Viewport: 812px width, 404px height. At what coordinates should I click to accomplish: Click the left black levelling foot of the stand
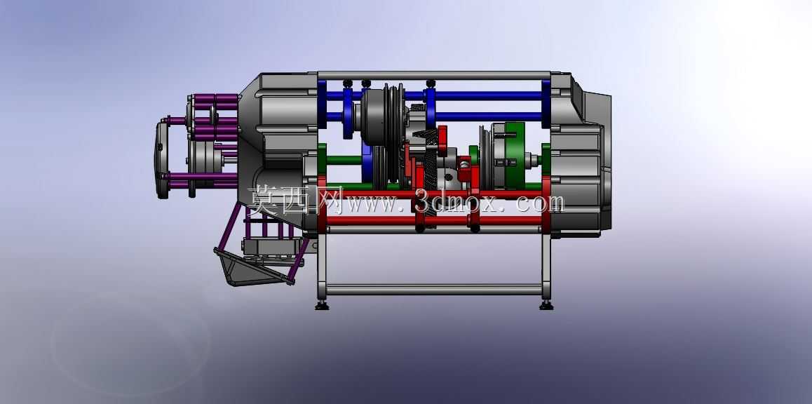coord(322,306)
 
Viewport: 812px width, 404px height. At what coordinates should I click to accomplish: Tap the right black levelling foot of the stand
coord(546,306)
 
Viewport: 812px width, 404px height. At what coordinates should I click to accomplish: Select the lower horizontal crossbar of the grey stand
coord(433,290)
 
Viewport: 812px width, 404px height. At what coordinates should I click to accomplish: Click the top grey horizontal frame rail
coord(434,76)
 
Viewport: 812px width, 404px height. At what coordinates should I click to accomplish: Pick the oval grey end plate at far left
coord(163,159)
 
